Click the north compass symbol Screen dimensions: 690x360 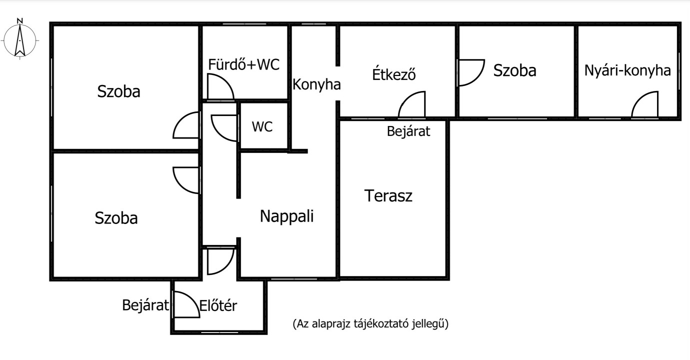click(x=20, y=40)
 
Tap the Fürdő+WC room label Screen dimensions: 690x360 click(x=244, y=64)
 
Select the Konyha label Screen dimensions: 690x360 click(x=316, y=84)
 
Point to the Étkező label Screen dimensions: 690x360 click(x=394, y=74)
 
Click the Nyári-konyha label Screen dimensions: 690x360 click(x=628, y=70)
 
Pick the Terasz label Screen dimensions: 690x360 click(x=388, y=195)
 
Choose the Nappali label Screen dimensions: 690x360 click(x=287, y=216)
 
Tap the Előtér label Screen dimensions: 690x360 click(x=218, y=305)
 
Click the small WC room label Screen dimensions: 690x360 click(x=262, y=126)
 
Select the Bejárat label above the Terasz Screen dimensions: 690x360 click(x=409, y=131)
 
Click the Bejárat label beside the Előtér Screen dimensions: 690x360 click(x=145, y=305)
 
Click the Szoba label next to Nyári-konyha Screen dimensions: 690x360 click(x=515, y=70)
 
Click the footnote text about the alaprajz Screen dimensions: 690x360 click(x=371, y=323)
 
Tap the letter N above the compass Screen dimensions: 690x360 click(x=20, y=21)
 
